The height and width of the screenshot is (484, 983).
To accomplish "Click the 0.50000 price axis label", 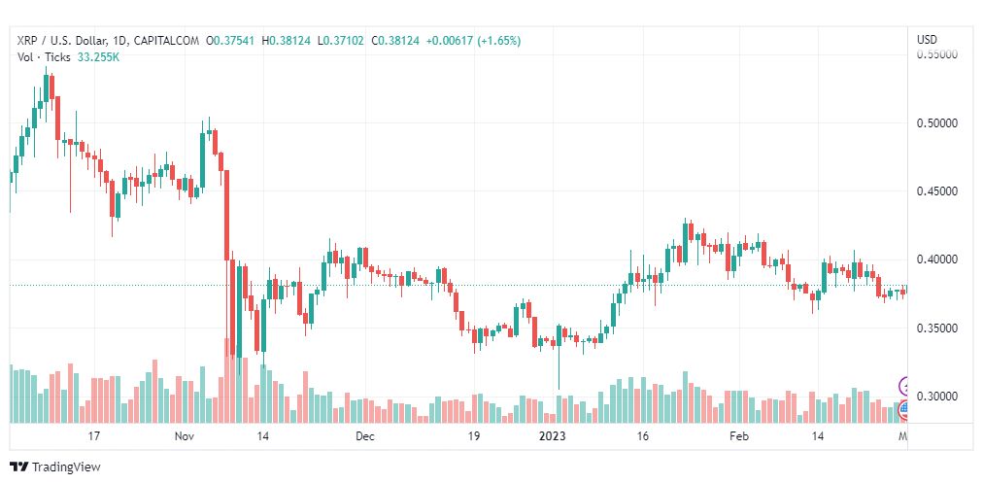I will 937,123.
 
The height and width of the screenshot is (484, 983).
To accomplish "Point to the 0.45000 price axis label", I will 937,191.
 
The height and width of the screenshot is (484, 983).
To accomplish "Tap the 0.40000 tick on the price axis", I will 937,259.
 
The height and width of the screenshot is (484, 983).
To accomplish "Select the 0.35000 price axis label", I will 937,328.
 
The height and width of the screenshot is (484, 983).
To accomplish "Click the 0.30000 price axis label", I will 937,397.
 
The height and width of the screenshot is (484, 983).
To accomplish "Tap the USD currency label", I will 927,40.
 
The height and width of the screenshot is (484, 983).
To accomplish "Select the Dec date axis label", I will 364,437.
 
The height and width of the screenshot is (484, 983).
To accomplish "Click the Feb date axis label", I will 740,437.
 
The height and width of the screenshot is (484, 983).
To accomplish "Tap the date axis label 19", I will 474,437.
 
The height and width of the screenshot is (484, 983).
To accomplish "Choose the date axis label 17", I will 94,437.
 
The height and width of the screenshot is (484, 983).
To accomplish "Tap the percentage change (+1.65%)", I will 498,41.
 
